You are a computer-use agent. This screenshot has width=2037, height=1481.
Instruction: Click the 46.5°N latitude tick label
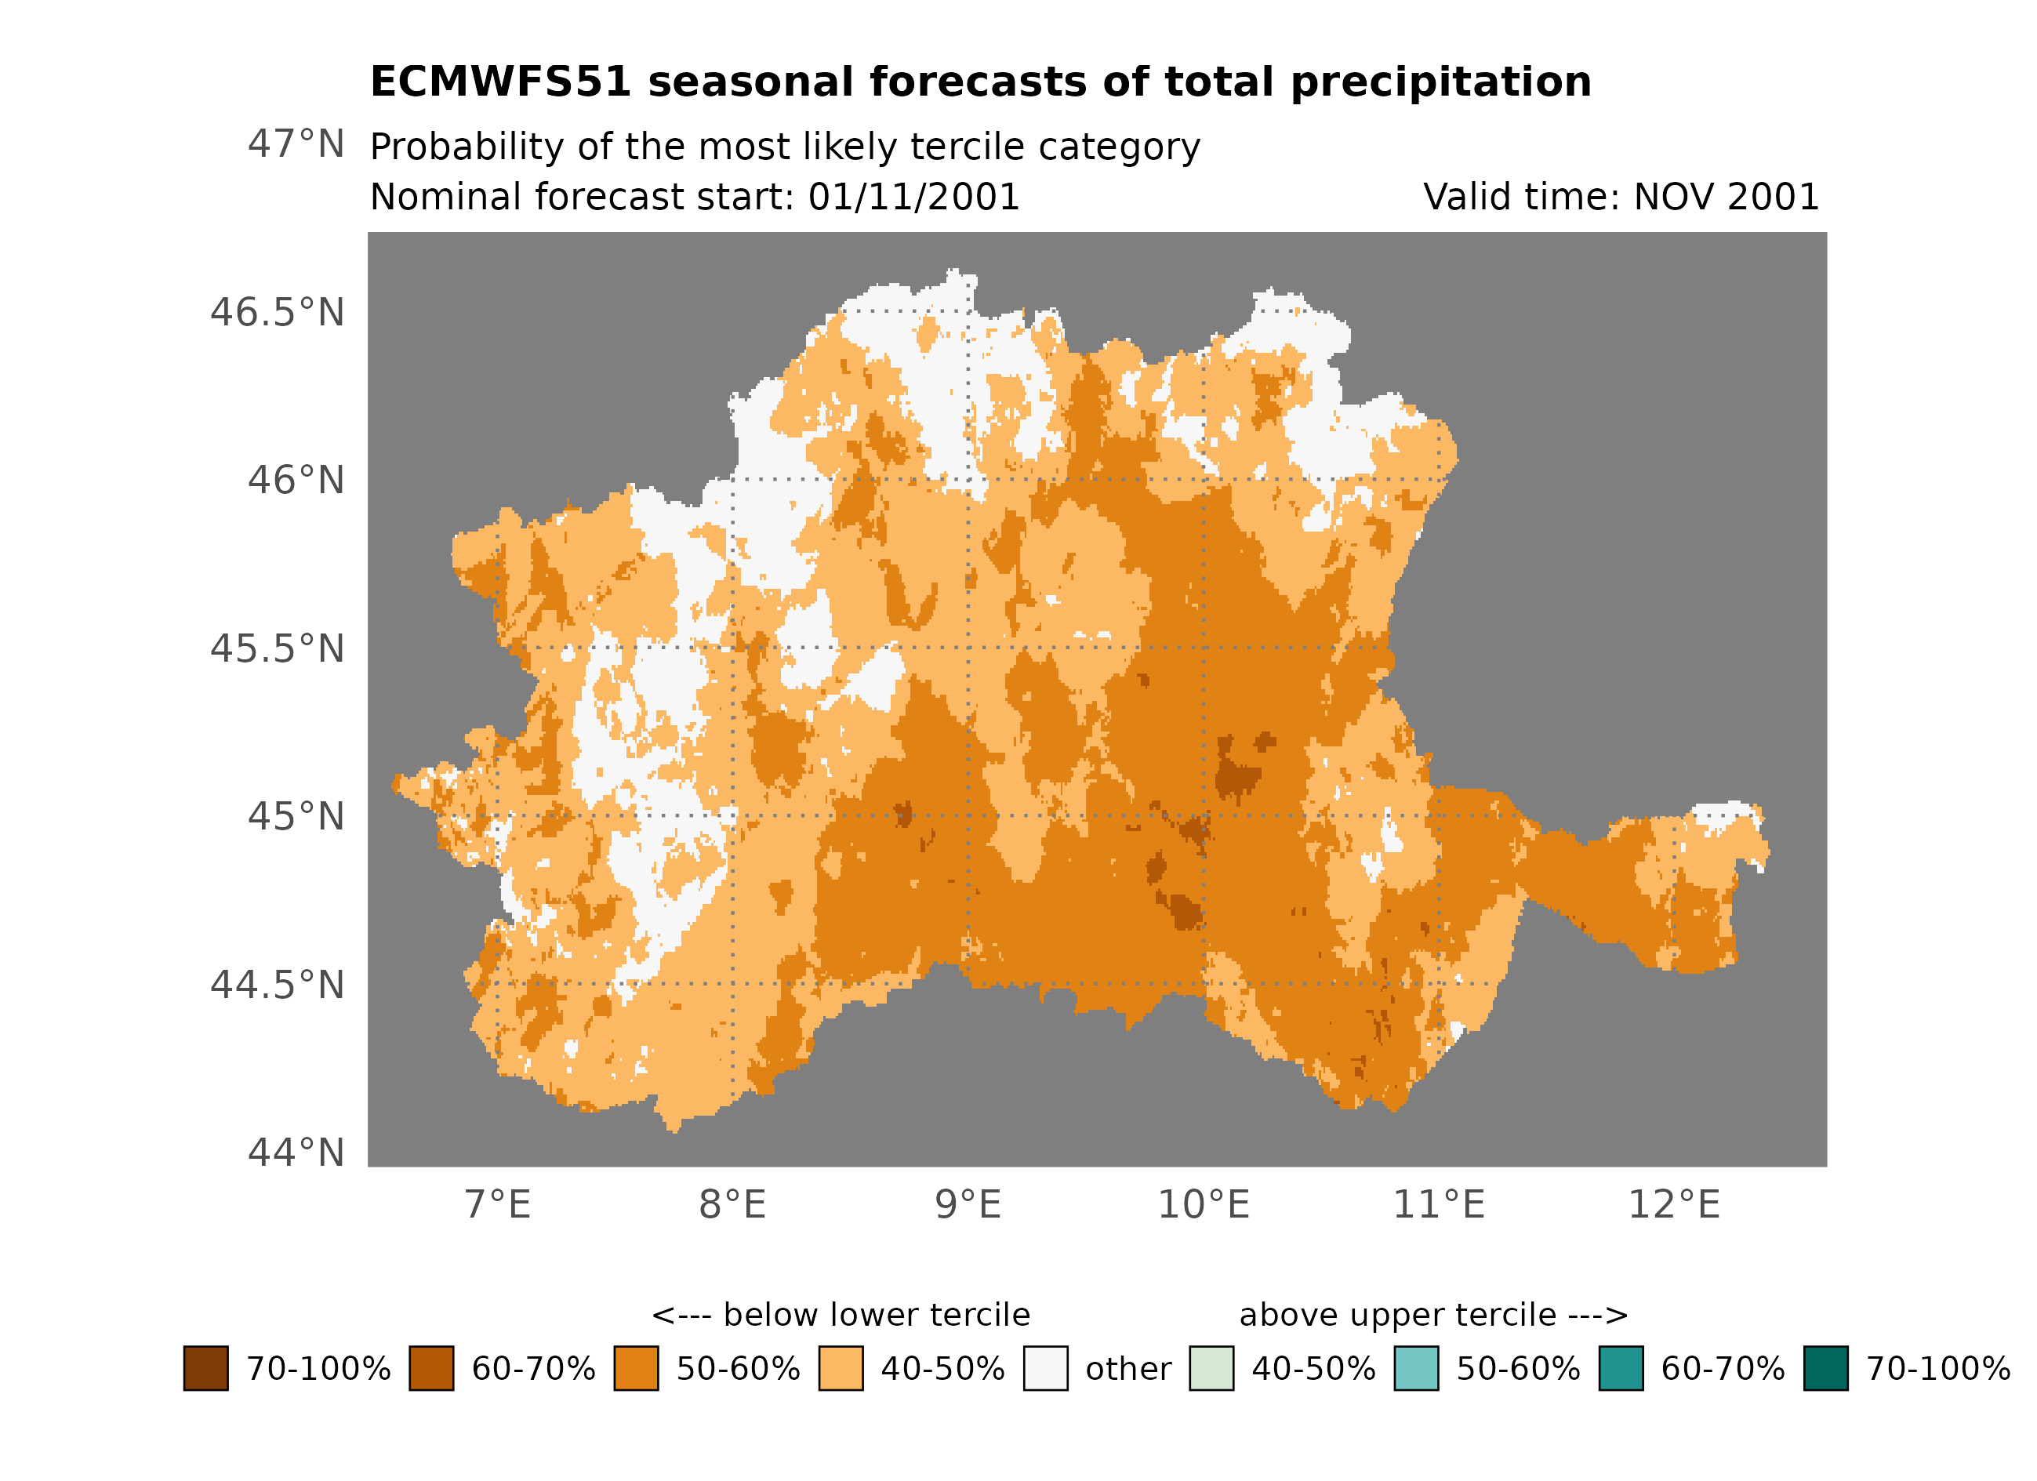277,313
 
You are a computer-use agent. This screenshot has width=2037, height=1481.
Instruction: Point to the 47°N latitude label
296,143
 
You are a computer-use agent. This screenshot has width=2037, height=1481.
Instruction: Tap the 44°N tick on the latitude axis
296,1152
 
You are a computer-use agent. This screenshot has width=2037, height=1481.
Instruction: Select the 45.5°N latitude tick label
277,648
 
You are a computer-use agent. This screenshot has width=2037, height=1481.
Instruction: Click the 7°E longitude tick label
498,1204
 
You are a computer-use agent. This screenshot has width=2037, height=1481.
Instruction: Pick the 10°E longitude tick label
1203,1204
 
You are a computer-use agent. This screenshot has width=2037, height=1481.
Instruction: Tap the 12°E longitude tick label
1673,1204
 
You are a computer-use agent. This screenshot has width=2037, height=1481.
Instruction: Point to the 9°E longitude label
968,1204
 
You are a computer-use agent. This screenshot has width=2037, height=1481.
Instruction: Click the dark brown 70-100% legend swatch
205,1368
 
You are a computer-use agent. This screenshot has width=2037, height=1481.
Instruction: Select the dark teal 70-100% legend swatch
1825,1368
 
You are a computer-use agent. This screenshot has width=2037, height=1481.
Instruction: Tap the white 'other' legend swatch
1045,1368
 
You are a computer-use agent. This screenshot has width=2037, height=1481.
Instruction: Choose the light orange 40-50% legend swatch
841,1368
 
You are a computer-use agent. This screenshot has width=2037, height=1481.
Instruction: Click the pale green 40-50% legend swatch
1211,1368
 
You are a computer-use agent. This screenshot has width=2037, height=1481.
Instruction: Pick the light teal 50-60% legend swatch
1415,1368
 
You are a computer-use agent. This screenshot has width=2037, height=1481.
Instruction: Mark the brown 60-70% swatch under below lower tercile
431,1368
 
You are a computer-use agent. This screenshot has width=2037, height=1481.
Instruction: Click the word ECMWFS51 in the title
500,82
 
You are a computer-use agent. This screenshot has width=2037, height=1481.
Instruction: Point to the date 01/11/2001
913,197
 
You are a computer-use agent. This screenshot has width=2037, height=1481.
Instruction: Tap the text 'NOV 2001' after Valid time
1726,197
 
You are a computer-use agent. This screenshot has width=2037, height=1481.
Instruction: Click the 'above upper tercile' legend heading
1432,1315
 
